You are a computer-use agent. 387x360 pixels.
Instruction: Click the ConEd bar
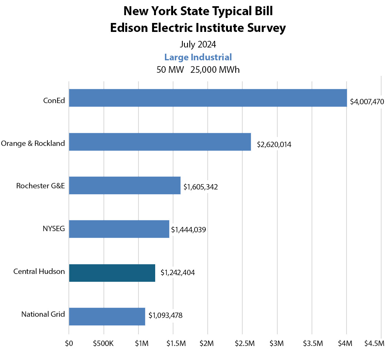[x=208, y=98]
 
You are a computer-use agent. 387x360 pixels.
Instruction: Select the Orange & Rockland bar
[x=160, y=142]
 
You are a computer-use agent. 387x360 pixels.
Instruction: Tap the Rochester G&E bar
[x=124, y=185]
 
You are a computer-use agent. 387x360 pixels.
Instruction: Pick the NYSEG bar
[x=119, y=229]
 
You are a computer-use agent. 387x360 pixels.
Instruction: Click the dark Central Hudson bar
[x=112, y=272]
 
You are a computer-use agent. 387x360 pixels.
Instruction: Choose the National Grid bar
[x=107, y=316]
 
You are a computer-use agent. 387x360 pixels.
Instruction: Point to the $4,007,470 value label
[x=367, y=102]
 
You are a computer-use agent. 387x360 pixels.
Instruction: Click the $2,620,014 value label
[x=274, y=145]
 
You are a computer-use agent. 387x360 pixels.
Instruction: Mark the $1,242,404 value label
[x=177, y=272]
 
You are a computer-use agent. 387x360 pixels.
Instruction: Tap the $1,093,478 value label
[x=165, y=315]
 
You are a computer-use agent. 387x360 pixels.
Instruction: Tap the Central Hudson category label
[x=39, y=272]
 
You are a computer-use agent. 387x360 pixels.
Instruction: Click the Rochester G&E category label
[x=40, y=186]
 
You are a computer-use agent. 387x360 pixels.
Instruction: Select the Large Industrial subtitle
[x=198, y=57]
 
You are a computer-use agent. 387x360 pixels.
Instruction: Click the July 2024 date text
[x=198, y=44]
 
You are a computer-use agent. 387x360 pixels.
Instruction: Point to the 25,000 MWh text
[x=215, y=70]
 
